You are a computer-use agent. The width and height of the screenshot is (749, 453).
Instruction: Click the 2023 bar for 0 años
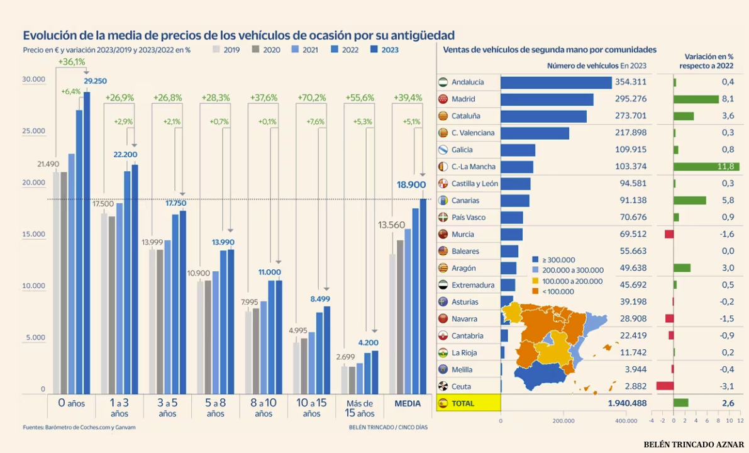87,243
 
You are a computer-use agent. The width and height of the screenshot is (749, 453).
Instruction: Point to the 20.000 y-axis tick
34,182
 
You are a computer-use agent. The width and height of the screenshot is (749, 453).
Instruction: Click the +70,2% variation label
312,98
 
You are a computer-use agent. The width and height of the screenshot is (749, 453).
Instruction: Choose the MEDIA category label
408,403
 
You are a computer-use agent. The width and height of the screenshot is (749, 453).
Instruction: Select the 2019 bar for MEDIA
392,323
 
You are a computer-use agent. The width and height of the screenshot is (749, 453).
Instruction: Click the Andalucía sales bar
556,82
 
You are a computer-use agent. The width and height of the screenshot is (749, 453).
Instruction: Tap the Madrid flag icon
443,99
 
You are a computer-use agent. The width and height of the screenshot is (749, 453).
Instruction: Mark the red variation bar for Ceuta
665,386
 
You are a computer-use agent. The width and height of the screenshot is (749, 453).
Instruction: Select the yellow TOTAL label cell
469,403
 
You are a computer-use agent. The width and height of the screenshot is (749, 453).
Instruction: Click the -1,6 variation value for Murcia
727,234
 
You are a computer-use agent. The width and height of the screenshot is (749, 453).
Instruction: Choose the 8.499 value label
325,299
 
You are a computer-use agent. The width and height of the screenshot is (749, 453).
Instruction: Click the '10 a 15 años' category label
312,408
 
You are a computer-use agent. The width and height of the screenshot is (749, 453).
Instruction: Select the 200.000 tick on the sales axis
563,421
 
